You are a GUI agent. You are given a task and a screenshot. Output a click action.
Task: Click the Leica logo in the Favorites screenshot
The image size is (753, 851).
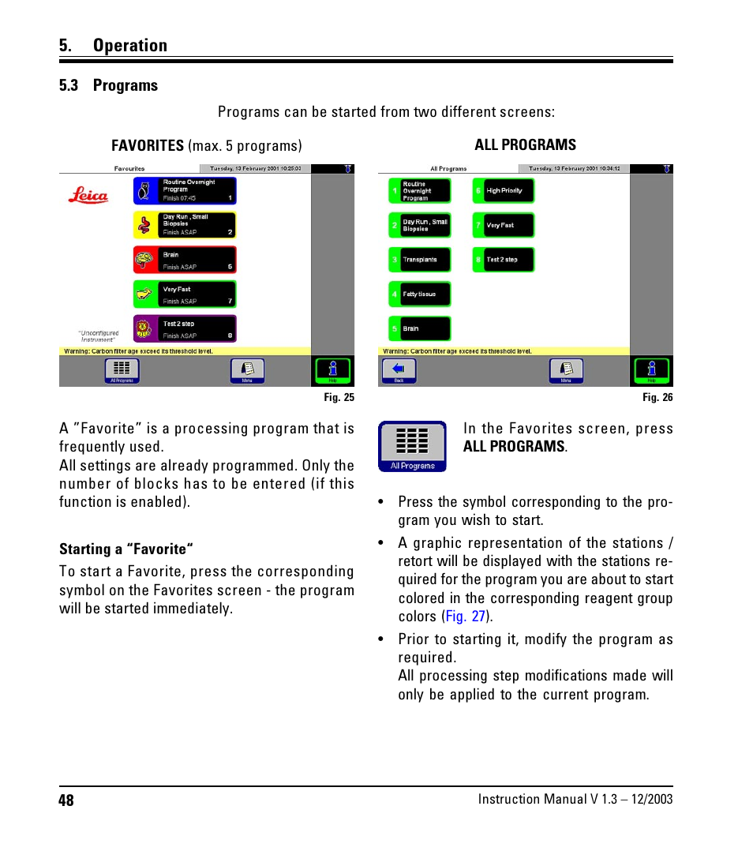point(88,195)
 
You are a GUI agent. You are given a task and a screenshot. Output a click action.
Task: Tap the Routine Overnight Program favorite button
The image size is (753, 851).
point(185,191)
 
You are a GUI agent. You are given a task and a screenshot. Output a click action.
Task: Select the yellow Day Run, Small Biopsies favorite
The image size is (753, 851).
point(185,225)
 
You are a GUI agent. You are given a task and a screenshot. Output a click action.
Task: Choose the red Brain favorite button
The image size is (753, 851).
point(185,260)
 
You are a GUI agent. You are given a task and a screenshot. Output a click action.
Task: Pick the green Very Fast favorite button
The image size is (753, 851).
point(185,294)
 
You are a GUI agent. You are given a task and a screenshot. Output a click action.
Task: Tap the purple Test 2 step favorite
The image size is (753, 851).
point(185,329)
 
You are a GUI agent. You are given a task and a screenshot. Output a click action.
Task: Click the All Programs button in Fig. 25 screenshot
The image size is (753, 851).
point(122,370)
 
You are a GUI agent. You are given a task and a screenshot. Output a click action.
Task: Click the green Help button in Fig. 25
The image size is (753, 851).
point(332,370)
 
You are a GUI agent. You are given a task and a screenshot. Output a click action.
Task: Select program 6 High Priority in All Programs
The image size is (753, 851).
point(504,191)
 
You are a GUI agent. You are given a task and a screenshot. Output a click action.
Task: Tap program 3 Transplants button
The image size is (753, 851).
point(420,260)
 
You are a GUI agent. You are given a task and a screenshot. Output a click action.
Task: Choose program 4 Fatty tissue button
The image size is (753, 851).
point(420,294)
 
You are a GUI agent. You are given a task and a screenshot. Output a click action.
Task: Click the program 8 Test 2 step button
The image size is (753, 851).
point(504,260)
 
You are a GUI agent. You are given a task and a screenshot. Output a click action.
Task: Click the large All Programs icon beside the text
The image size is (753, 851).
point(412,446)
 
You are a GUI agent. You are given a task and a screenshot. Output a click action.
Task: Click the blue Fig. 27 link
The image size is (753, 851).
point(465,617)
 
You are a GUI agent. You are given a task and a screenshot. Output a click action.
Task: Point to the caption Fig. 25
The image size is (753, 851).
point(339,398)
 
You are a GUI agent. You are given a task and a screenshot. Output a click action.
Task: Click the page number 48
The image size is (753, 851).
point(66,800)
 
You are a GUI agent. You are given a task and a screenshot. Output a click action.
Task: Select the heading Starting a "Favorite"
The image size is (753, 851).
point(126,549)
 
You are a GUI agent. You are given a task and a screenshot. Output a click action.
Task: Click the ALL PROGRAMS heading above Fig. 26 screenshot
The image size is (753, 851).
point(525,145)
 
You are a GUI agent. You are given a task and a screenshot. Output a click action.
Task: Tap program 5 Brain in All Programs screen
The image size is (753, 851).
point(420,329)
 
